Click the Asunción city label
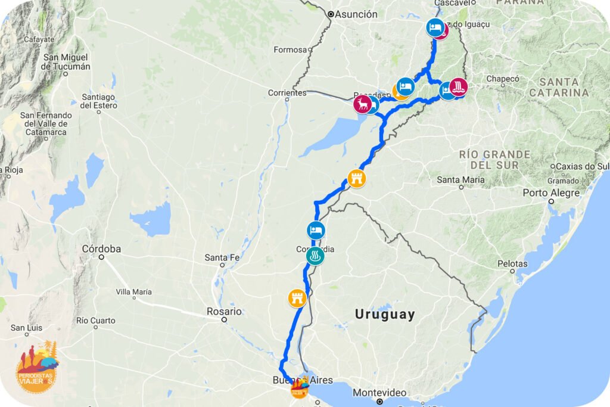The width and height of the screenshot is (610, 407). [x=356, y=14]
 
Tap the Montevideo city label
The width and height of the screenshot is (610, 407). [x=379, y=393]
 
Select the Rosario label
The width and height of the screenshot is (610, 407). [x=223, y=311]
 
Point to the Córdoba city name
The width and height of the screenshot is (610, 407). [x=101, y=249]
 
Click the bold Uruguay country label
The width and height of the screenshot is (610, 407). [x=384, y=314]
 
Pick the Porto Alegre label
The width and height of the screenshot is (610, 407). [x=551, y=193]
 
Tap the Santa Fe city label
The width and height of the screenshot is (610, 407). [x=222, y=257]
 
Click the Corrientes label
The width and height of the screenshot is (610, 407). [x=287, y=93]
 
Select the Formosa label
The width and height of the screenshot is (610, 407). [x=290, y=50]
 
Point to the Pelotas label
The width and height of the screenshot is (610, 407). [x=512, y=263]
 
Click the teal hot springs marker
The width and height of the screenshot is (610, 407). [x=315, y=256]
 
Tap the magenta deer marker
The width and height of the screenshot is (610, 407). [x=362, y=104]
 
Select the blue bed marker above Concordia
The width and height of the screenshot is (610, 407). [x=316, y=230]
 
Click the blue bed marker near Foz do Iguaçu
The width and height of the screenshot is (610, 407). [x=435, y=27]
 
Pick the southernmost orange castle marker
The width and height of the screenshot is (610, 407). [x=297, y=297]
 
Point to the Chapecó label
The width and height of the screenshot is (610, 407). [x=503, y=79]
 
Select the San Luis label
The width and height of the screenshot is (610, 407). [x=26, y=328]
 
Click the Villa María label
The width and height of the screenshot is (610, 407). [x=133, y=292]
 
